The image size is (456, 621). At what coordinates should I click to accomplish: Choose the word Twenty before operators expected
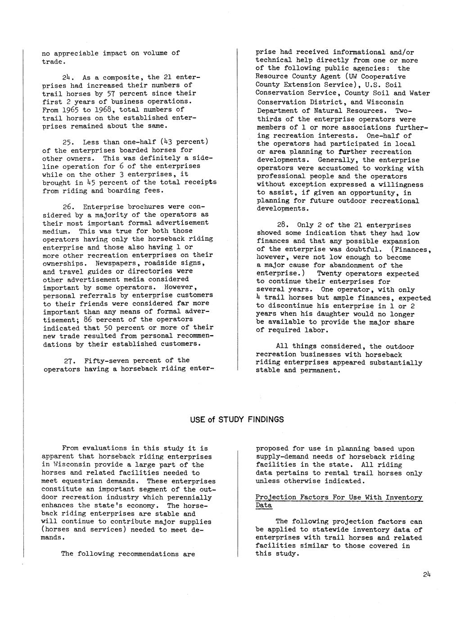coord(330,274)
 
